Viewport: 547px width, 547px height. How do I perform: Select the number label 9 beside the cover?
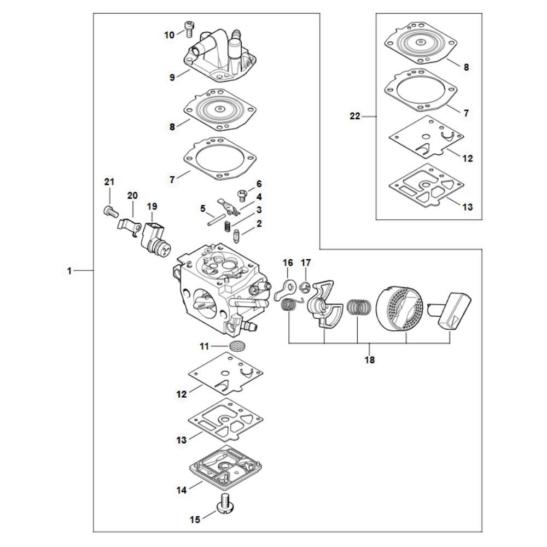tap(172, 78)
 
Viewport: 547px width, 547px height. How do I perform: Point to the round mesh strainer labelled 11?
tap(236, 346)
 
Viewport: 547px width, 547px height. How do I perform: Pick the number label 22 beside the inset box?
tap(355, 116)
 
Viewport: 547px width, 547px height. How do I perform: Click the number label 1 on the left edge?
tap(69, 271)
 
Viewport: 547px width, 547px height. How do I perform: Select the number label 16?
tap(288, 263)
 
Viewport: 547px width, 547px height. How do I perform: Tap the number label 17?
tap(306, 263)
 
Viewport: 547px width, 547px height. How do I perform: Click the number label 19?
tap(152, 206)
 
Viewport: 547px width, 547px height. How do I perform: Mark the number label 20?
tap(133, 195)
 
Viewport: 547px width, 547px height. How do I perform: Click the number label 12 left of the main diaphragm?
tap(181, 393)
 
